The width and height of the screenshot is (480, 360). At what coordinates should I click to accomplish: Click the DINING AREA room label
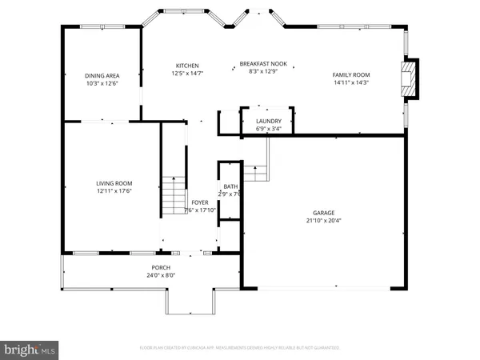[102, 76]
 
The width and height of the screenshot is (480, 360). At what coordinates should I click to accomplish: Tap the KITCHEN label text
[187, 66]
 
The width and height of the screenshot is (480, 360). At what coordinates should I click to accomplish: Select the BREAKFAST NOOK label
[264, 63]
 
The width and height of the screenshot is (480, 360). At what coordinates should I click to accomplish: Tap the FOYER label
[200, 203]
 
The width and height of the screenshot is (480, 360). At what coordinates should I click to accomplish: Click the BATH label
[230, 186]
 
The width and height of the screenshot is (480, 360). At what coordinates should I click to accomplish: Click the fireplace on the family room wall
[410, 80]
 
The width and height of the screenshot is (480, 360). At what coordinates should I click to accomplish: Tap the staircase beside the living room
[174, 194]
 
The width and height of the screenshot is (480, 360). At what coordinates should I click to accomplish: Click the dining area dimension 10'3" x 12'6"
[102, 83]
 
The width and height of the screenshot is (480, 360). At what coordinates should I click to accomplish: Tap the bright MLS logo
[30, 349]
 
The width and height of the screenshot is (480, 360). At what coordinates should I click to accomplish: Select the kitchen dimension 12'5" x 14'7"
[187, 74]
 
